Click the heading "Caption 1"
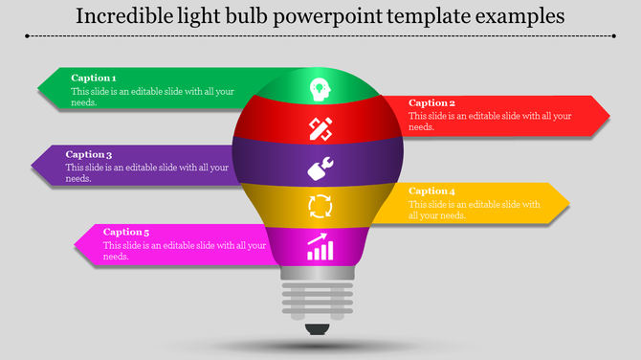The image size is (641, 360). tap(94, 79)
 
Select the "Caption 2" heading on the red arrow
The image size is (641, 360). tap(432, 103)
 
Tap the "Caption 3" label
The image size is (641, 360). tap(89, 154)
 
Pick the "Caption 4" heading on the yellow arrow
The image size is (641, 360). tap(432, 191)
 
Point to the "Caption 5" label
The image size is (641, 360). tap(126, 232)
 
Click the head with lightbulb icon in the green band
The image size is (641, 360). tap(319, 89)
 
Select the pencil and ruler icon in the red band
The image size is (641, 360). tap(320, 127)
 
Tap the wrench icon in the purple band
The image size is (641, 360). tap(320, 169)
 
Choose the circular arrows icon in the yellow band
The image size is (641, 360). tap(319, 206)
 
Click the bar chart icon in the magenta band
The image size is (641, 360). tap(320, 248)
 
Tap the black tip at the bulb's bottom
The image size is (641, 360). tap(319, 331)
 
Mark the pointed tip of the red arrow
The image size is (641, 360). tap(608, 115)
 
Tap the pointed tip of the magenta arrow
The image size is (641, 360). tap(77, 244)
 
